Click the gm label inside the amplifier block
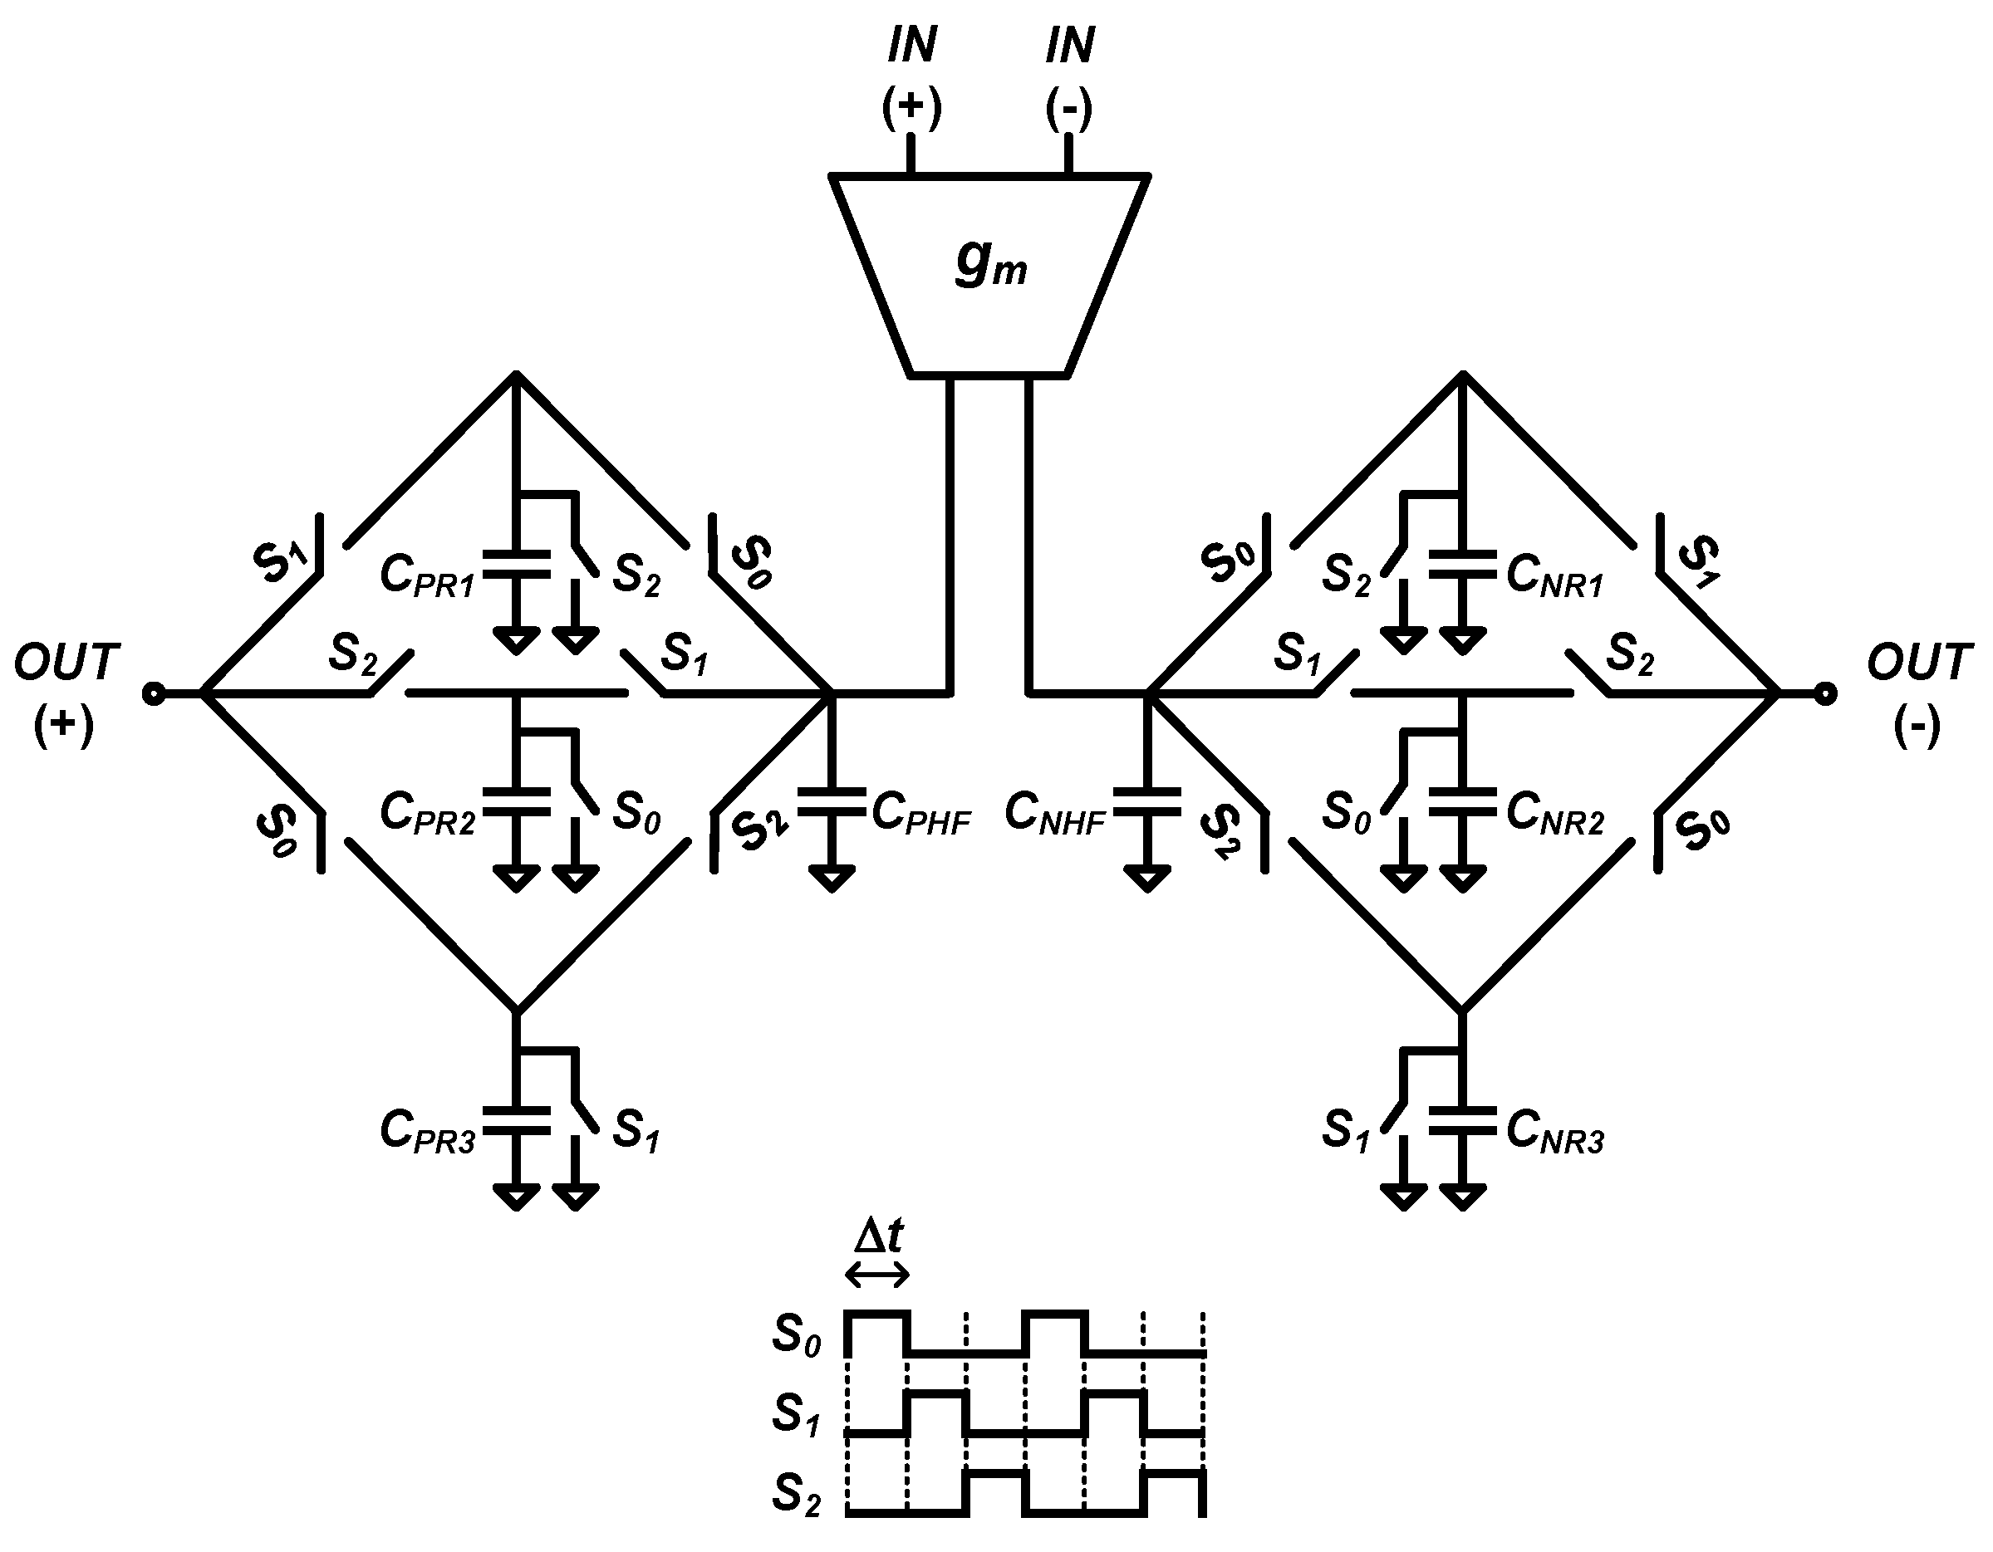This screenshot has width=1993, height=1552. [x=991, y=265]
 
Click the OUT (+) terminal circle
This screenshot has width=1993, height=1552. [x=155, y=694]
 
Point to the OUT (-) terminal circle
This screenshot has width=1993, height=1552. [x=1824, y=694]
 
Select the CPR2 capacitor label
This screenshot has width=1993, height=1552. [x=427, y=812]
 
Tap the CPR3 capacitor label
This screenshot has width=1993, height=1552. [x=427, y=1131]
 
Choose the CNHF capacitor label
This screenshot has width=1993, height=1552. [x=1055, y=812]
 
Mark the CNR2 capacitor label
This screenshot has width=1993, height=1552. [x=1555, y=812]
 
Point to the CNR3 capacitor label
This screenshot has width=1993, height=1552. [x=1555, y=1131]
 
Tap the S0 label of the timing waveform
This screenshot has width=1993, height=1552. [x=796, y=1334]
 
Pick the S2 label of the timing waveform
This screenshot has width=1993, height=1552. [x=796, y=1495]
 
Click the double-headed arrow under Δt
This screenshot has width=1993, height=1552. [x=878, y=1275]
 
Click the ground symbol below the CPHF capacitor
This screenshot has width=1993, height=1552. [x=832, y=879]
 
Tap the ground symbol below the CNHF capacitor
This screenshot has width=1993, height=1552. [x=1147, y=879]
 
